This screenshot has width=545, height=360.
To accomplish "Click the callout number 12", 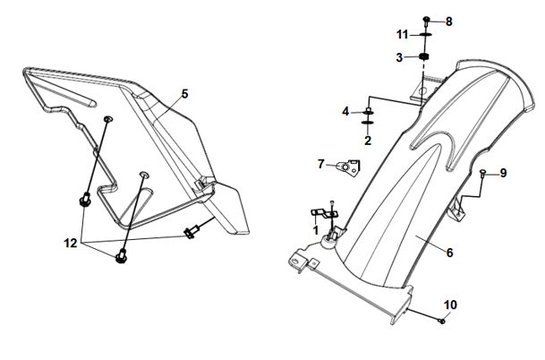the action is pyautogui.click(x=70, y=243).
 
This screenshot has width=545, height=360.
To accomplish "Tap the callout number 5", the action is pyautogui.click(x=185, y=93).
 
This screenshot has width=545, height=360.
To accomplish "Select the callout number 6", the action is pyautogui.click(x=450, y=253).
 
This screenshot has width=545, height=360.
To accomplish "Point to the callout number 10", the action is pyautogui.click(x=450, y=305).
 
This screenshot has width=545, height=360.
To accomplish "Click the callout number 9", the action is pyautogui.click(x=503, y=173).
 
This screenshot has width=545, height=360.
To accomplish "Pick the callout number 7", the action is pyautogui.click(x=320, y=164).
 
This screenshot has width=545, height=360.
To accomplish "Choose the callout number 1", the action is pyautogui.click(x=316, y=230).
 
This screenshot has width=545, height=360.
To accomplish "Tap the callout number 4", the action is pyautogui.click(x=345, y=112).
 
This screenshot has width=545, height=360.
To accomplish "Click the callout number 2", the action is pyautogui.click(x=368, y=141).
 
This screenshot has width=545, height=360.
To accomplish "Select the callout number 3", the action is pyautogui.click(x=399, y=57).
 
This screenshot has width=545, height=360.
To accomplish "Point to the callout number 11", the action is pyautogui.click(x=402, y=35).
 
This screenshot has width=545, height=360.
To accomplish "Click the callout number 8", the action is pyautogui.click(x=449, y=21).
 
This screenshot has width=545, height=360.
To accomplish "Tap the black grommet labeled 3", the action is pyautogui.click(x=423, y=56).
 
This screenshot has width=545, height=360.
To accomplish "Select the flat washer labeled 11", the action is pyautogui.click(x=425, y=34).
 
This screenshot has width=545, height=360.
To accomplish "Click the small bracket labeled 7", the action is pyautogui.click(x=349, y=167).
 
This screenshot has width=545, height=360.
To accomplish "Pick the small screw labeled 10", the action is pyautogui.click(x=442, y=321).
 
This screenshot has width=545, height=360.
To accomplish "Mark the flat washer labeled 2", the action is pyautogui.click(x=368, y=122).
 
